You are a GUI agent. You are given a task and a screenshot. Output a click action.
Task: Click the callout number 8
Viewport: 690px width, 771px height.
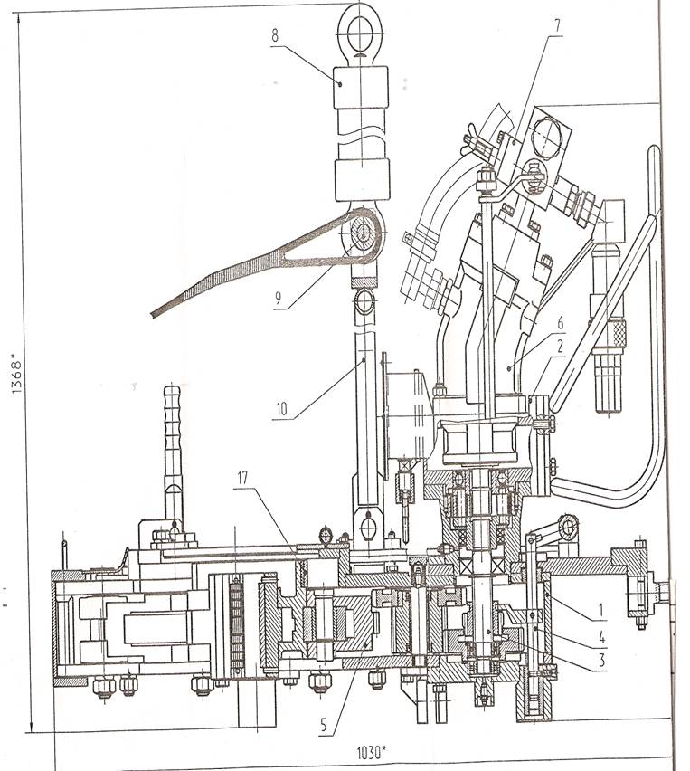tap(275, 35)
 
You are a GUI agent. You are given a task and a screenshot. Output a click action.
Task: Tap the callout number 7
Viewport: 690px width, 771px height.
tap(557, 26)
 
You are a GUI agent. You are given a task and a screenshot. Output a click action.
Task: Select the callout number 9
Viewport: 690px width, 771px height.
tap(279, 298)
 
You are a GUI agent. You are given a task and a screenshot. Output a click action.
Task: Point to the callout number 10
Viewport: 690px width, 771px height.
tap(281, 409)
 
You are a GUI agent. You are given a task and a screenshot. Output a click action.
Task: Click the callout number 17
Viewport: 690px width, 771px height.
tap(242, 478)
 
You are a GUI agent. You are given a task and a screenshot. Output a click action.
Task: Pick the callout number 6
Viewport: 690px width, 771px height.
tap(560, 324)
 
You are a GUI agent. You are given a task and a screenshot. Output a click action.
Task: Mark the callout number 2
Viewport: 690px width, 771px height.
tap(560, 347)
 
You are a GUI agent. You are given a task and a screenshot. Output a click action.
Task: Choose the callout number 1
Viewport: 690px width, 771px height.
tap(601, 610)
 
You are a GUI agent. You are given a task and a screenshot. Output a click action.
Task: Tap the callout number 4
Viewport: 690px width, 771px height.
tap(601, 638)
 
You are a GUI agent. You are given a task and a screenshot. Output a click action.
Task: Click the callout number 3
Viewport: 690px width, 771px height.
tap(601, 661)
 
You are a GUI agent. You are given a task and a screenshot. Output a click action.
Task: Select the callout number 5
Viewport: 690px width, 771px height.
tap(323, 725)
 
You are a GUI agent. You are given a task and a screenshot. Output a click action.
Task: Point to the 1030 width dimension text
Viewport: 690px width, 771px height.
tap(371, 752)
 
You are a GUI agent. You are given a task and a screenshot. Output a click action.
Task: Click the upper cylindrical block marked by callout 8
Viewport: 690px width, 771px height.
tap(361, 88)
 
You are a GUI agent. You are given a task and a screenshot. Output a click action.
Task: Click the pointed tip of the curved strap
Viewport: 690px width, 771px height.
tap(152, 314)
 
